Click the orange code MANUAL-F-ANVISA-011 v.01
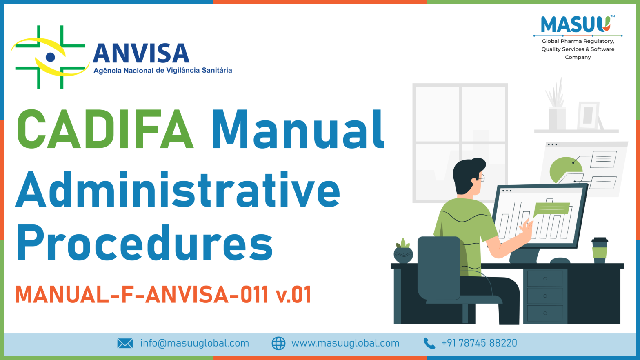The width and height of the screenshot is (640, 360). [x=163, y=294]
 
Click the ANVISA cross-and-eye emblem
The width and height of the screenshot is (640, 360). [x=50, y=57]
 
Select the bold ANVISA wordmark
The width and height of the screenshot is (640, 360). [x=141, y=54]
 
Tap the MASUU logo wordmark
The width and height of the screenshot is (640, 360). [x=576, y=24]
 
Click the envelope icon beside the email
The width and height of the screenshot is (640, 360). [x=125, y=343]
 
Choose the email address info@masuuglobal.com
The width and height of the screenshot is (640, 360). [x=194, y=343]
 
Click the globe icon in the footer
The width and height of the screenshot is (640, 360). [x=278, y=343]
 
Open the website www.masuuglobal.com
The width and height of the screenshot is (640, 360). [x=345, y=343]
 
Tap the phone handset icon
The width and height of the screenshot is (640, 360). [x=429, y=343]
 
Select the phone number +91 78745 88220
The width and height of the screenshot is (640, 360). [x=479, y=343]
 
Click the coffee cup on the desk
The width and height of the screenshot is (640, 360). [x=599, y=250]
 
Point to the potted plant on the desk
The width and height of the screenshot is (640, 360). [x=403, y=251]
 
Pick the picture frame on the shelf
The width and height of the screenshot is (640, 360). [x=588, y=116]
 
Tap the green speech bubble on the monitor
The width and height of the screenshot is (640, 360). [x=551, y=209]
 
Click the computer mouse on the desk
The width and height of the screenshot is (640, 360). [x=560, y=261]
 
